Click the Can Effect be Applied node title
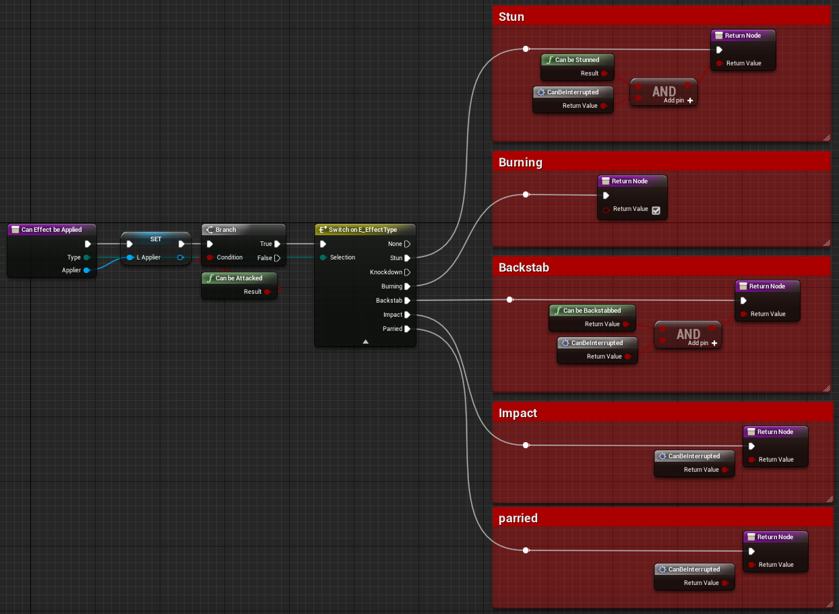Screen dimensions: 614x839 click(51, 230)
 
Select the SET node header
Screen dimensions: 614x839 click(156, 239)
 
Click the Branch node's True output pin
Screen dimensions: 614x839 click(277, 244)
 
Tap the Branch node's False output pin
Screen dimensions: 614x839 click(277, 258)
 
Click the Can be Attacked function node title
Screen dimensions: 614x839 click(239, 278)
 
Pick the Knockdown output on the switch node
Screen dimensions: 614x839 click(407, 272)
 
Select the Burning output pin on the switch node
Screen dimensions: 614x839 click(407, 286)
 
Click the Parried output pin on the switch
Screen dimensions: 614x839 click(407, 329)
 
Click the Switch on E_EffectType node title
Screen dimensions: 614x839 click(363, 230)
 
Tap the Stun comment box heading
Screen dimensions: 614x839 click(511, 17)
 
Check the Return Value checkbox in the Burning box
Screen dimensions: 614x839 click(656, 210)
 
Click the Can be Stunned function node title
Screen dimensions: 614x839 click(577, 60)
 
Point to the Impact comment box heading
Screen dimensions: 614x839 click(518, 413)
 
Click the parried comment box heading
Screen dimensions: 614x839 click(518, 518)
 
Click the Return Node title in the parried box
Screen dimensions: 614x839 click(775, 537)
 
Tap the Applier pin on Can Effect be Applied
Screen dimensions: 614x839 click(87, 270)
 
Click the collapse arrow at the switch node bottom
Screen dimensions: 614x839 click(365, 342)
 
